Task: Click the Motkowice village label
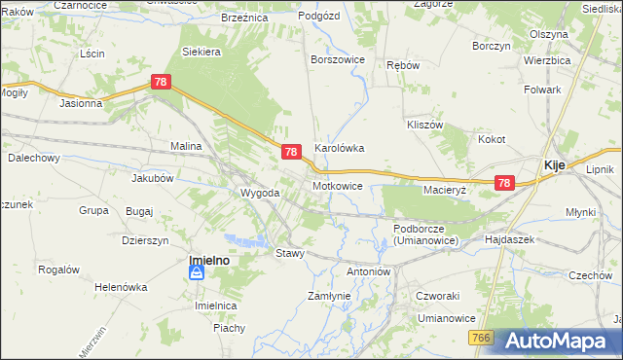tap(338, 185)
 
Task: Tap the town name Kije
tap(555, 165)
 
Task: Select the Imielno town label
tap(208, 260)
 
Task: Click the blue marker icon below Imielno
tap(197, 273)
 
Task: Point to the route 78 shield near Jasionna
tap(162, 85)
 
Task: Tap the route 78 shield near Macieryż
tap(503, 182)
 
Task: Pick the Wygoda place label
tap(260, 193)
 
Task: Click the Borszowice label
tap(337, 59)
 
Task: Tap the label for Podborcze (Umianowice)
tap(425, 234)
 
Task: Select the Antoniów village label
tap(368, 271)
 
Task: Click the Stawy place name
tap(290, 253)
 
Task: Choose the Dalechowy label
tap(34, 157)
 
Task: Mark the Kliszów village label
tap(424, 126)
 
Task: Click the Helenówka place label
tap(121, 287)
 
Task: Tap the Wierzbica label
tap(546, 59)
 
